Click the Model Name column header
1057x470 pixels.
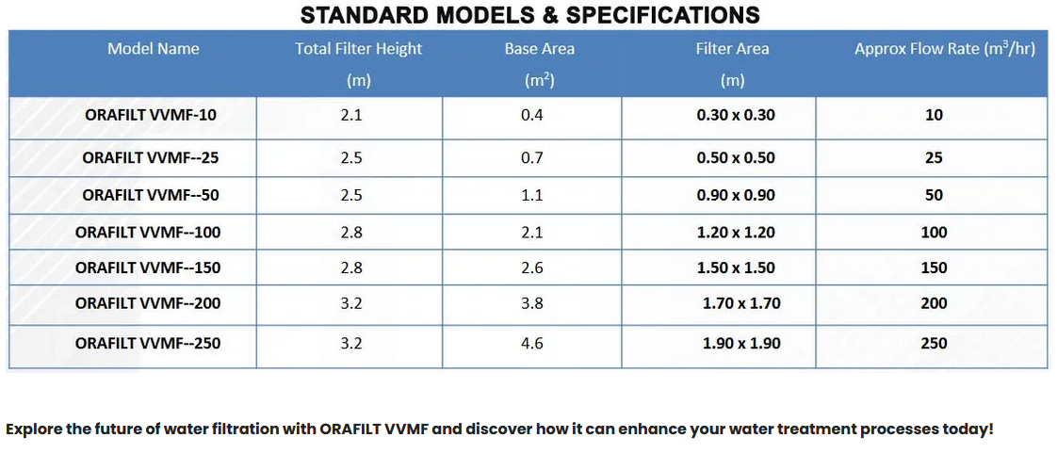click(153, 49)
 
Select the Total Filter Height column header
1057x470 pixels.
click(358, 49)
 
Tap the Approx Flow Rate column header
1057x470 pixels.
click(944, 49)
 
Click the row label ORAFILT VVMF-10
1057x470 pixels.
click(151, 116)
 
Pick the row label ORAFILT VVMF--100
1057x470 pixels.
click(148, 232)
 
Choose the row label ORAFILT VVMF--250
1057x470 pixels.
click(148, 343)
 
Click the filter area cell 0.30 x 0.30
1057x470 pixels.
click(736, 116)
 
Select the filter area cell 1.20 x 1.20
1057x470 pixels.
click(736, 232)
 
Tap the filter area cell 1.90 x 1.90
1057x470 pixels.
click(741, 343)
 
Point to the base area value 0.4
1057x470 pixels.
click(532, 116)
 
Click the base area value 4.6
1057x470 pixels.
click(532, 343)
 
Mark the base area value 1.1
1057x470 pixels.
click(532, 195)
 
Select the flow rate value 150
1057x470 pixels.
click(934, 267)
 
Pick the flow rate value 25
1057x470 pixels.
click(934, 158)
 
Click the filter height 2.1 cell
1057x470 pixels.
click(351, 116)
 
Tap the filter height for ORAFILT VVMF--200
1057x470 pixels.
click(351, 303)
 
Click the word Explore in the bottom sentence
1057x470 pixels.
click(36, 429)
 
